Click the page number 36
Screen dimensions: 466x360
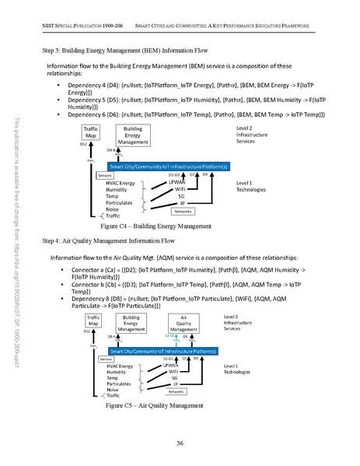tap(180, 443)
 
